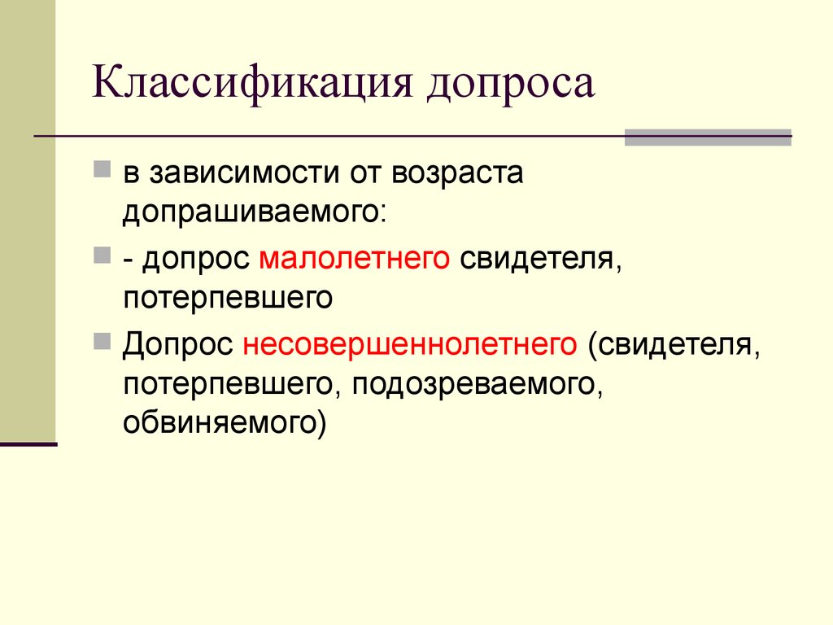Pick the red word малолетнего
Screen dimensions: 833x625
[355, 259]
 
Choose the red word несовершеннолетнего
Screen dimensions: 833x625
[410, 344]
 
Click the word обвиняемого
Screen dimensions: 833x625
[220, 422]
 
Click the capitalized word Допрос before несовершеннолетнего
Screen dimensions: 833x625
[178, 344]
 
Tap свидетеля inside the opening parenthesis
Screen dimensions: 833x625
[674, 344]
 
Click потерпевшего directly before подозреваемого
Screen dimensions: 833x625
[228, 385]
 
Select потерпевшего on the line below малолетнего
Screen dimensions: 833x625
[228, 298]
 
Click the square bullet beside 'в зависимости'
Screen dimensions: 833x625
[102, 169]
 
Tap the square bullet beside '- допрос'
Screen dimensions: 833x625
[102, 255]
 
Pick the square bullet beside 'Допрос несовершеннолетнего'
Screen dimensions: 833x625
[102, 341]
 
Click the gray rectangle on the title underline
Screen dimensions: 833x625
[709, 137]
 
